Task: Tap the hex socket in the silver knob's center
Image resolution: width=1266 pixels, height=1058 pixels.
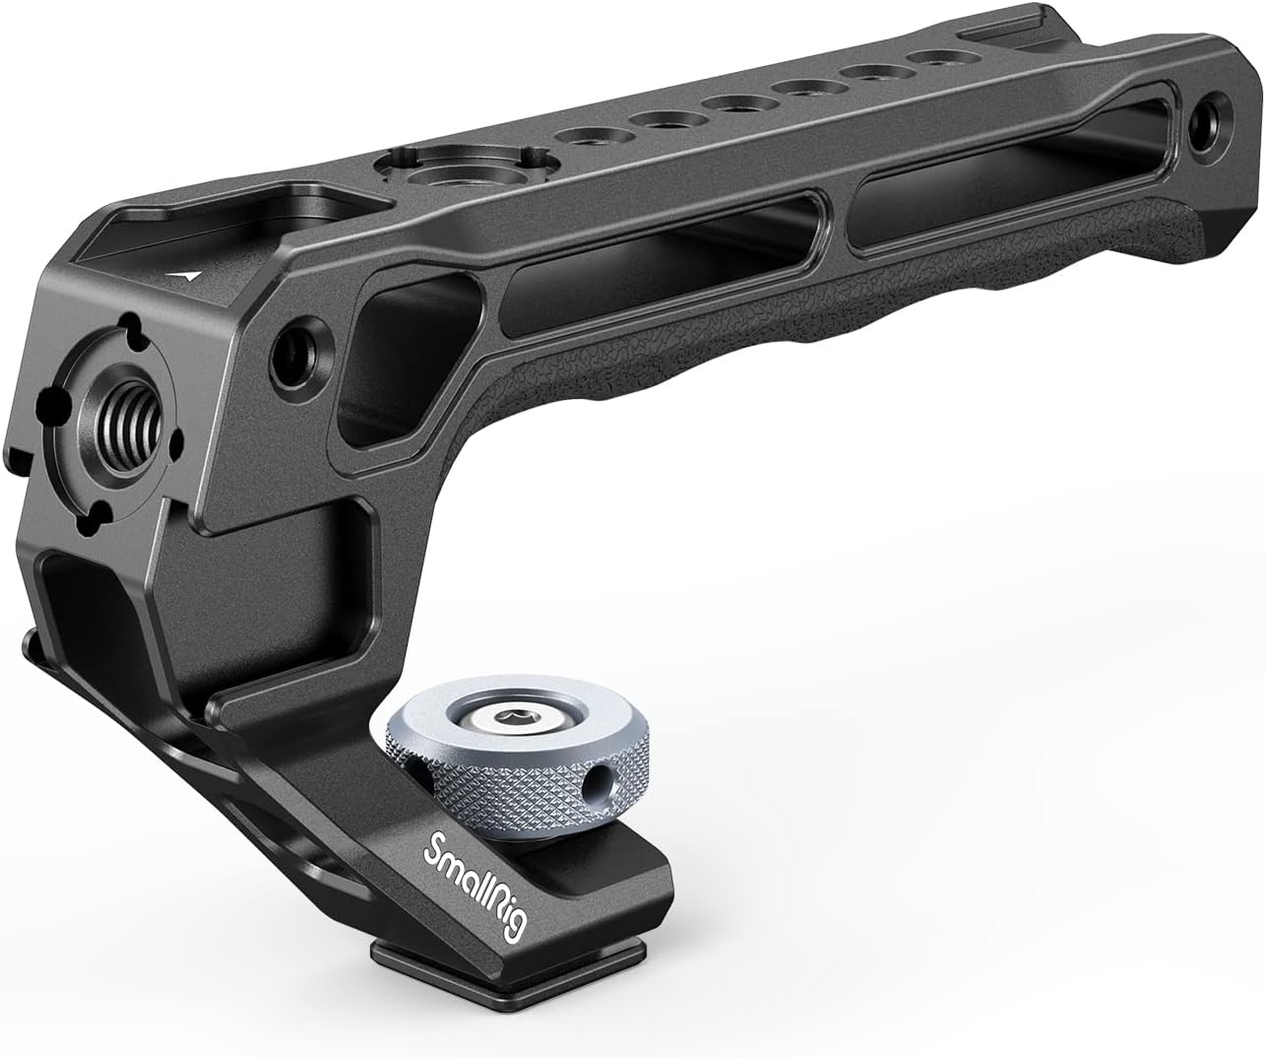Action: tap(513, 715)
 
